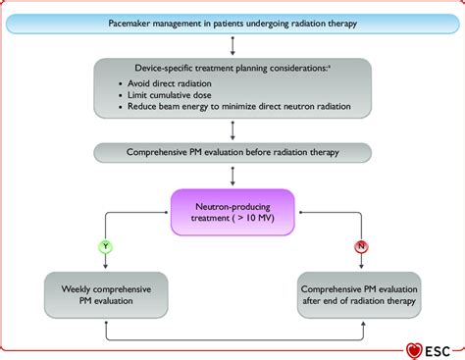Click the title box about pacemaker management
pos(232,21)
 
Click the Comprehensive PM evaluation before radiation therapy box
pos(232,153)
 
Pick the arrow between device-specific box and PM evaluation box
pos(232,129)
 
